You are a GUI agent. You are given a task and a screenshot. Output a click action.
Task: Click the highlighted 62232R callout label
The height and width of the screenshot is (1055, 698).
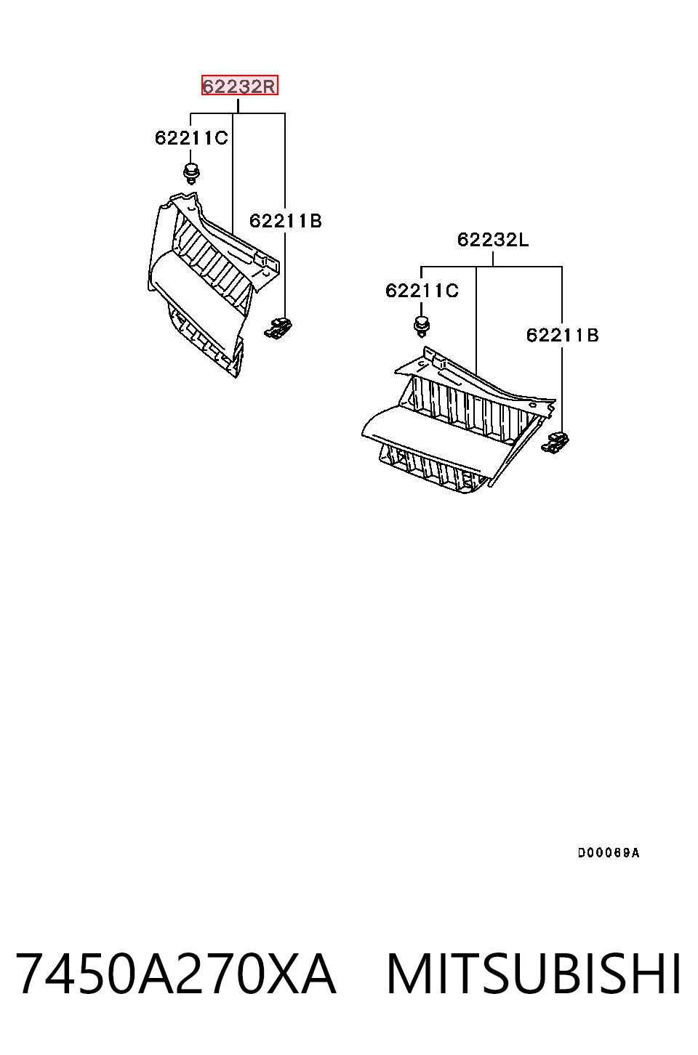(x=239, y=85)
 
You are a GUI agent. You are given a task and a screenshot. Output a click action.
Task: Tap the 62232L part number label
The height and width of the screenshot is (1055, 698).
(x=493, y=240)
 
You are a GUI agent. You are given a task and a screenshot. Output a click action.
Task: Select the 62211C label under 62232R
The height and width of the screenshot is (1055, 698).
(x=191, y=137)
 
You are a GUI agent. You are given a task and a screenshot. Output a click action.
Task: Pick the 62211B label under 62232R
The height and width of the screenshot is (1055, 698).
(x=285, y=220)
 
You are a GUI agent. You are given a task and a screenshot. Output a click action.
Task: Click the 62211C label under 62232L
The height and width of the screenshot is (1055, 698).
(x=422, y=291)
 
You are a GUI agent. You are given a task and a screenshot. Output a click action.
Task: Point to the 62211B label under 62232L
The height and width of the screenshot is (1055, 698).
(x=562, y=336)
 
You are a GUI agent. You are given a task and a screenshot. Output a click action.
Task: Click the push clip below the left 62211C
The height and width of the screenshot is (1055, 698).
(x=191, y=174)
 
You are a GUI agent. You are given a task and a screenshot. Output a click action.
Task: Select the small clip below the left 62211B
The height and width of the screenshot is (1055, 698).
(x=278, y=328)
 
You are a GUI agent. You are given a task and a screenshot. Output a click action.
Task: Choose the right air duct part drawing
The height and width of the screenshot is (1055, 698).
(x=459, y=420)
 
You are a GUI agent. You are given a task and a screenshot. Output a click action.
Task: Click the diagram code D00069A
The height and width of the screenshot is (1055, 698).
(x=609, y=853)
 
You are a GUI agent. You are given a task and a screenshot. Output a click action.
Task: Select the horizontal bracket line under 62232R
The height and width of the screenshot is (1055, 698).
(x=238, y=113)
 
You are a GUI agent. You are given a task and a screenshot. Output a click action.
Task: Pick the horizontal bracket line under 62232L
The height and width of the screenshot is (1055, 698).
(x=491, y=267)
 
